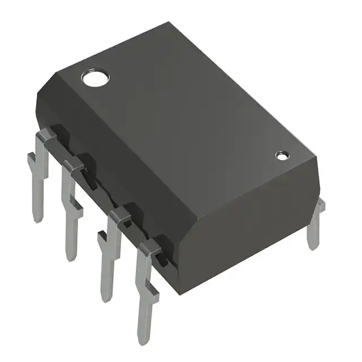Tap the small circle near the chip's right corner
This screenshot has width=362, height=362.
click(281, 154)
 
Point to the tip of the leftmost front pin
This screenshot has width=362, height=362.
click(38, 219)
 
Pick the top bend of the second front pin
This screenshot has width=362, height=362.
click(73, 165)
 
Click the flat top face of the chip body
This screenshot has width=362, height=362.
click(187, 113)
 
